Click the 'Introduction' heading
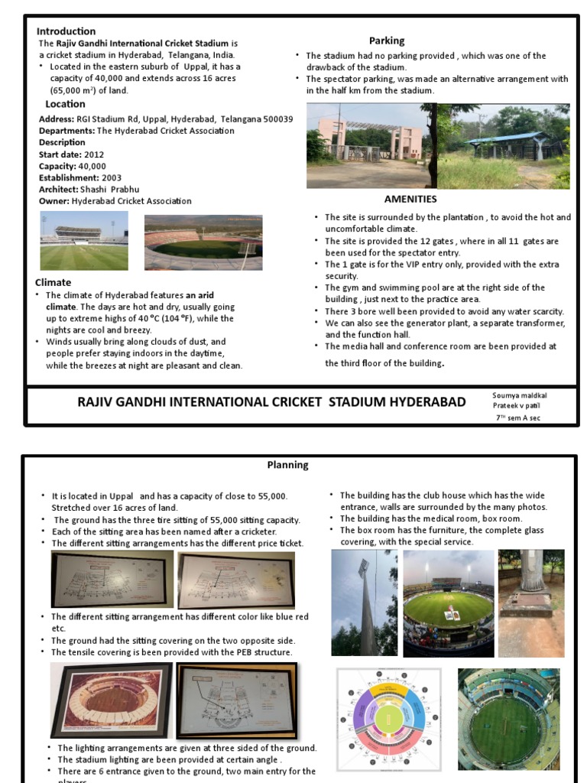coord(66,31)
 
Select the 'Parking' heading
coord(387,41)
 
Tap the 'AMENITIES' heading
coord(410,200)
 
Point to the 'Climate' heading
coord(53,282)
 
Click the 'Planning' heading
coord(287,465)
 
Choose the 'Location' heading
coord(65,104)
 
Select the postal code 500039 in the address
coord(276,119)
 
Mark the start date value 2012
coord(94,154)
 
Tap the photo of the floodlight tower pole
coord(364,603)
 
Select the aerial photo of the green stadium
coord(509,719)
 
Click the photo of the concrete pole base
coord(531,583)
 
